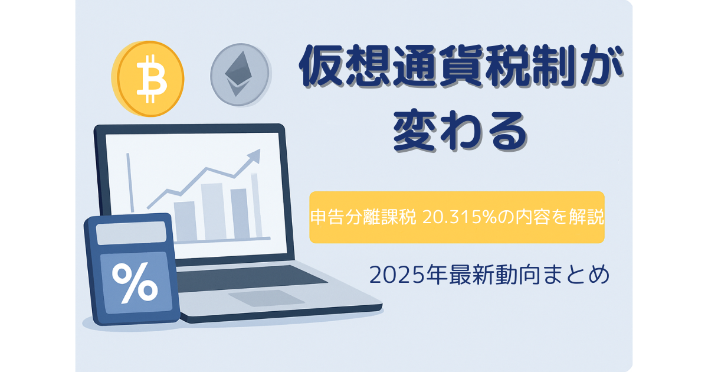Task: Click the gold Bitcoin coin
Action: [147, 79]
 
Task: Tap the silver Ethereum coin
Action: [240, 74]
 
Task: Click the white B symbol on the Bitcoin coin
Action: [152, 79]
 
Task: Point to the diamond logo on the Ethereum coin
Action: [238, 74]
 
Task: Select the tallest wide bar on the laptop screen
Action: [214, 211]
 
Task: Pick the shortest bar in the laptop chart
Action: [185, 221]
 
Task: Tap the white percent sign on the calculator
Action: [135, 283]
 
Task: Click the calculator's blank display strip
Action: [131, 233]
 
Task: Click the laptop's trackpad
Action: [266, 298]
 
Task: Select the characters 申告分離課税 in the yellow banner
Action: [363, 217]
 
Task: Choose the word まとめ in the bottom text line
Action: [577, 275]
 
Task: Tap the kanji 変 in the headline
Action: [414, 130]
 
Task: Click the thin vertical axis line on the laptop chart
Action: [130, 182]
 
